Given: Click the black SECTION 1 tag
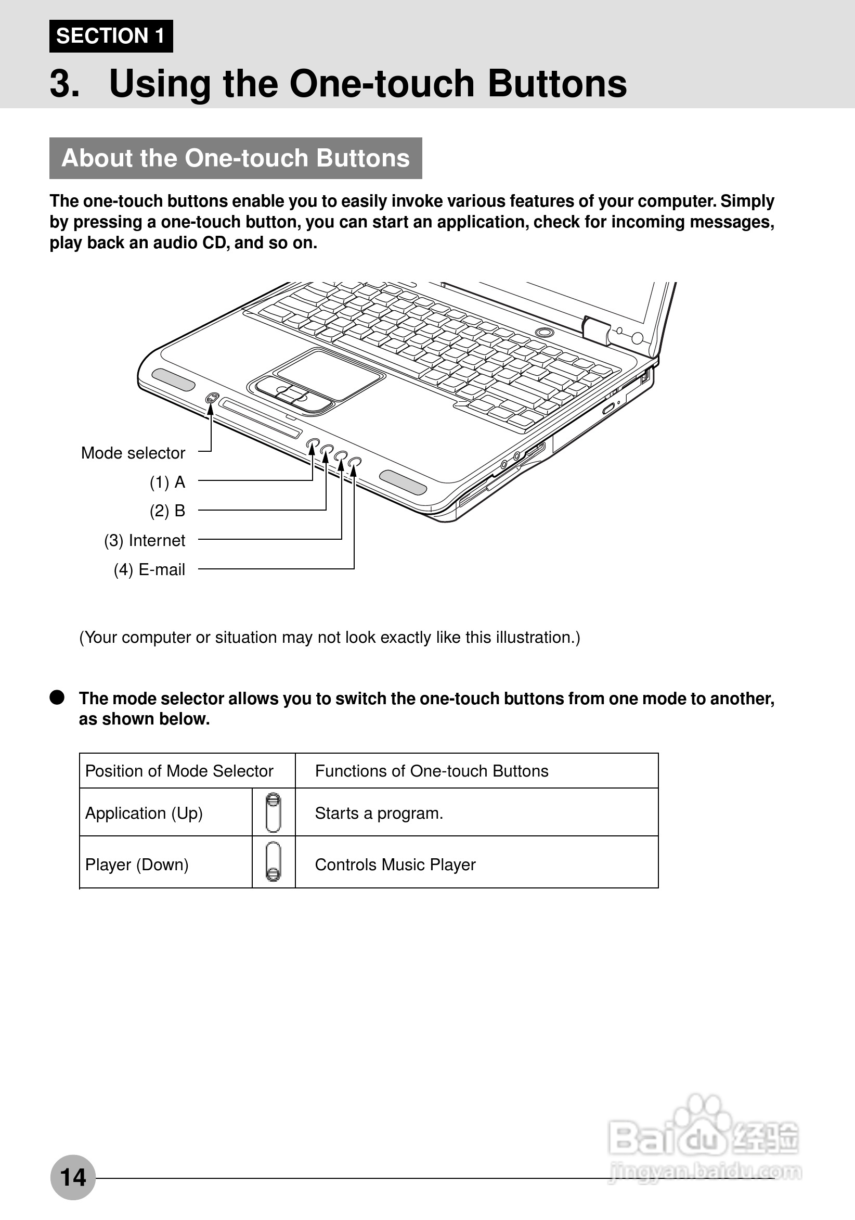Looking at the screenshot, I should pos(111,36).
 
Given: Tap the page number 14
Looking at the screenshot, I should pos(73,1177).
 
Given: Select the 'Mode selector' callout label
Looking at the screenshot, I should pos(133,453).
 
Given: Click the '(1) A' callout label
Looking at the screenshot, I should pos(167,482).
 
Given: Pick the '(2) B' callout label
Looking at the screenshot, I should pos(167,511).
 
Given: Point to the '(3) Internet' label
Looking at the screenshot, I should pos(145,540).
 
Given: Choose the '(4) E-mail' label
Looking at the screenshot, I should pos(149,569).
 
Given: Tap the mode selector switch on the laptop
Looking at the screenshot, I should pos(212,398).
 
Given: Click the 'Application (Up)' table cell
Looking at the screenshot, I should pos(144,813).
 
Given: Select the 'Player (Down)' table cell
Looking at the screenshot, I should pos(137,865).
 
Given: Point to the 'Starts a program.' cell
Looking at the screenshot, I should pos(379,813).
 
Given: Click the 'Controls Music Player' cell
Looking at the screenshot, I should pos(395,865).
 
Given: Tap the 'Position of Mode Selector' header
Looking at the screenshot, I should pos(179,771).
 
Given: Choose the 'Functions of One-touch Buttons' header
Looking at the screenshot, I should pos(431,771).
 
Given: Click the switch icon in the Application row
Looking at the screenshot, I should pos(273,812).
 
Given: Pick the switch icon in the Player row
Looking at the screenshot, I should pos(273,862).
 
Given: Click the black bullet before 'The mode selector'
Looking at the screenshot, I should pos(57,697).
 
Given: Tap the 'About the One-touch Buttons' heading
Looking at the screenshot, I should pos(235,158).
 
